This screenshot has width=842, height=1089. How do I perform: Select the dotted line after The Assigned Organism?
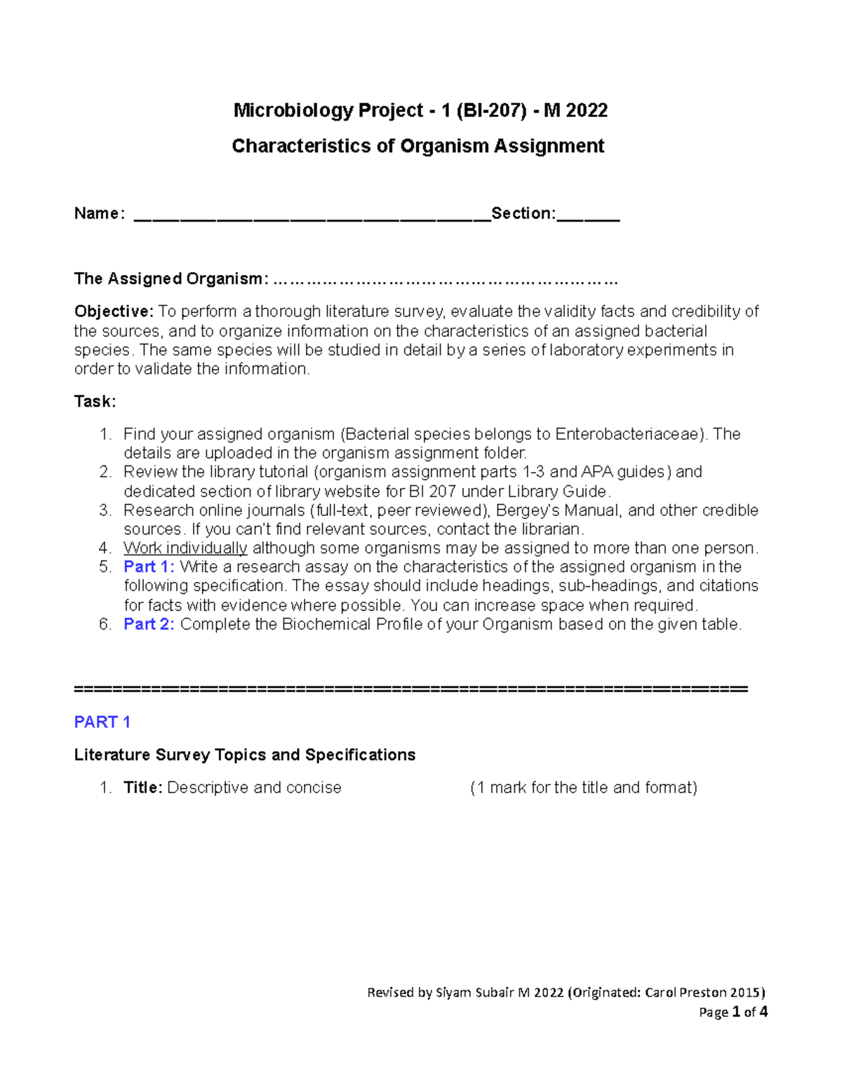point(445,280)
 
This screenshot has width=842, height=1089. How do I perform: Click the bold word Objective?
point(114,311)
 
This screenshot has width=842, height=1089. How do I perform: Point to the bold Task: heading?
point(95,402)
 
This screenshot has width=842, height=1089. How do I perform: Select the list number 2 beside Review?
point(105,473)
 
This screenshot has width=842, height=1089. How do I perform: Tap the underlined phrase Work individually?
point(185,548)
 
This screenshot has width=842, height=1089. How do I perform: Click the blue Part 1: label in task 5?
point(149,567)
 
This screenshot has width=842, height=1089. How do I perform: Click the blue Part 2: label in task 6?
point(149,625)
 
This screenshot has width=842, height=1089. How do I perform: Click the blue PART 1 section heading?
point(102,722)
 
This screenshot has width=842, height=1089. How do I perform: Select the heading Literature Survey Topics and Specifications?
point(244,755)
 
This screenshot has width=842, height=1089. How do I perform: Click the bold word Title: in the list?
point(143,788)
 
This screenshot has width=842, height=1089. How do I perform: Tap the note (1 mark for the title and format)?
point(583,788)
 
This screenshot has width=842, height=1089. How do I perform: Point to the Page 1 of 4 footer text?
point(733,1013)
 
